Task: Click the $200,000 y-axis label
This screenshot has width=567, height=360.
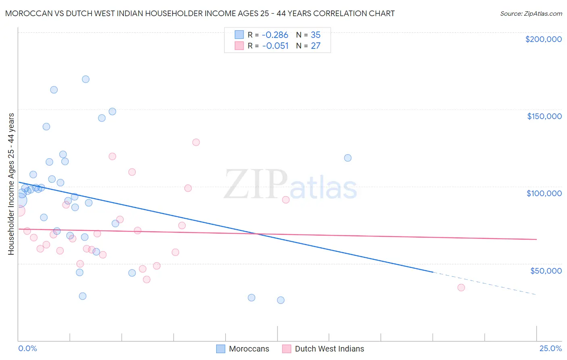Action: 543,39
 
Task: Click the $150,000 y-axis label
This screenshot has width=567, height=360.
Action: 544,116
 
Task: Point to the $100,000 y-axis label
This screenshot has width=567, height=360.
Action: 544,193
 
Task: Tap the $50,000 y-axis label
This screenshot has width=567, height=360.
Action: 546,270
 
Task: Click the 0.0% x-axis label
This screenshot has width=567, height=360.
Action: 27,348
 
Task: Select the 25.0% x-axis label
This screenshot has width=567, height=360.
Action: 550,348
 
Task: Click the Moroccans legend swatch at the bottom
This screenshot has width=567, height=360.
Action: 221,349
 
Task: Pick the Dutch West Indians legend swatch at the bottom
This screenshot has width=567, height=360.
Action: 286,349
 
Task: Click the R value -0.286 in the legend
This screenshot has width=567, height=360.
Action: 275,35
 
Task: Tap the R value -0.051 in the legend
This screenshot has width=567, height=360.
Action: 275,46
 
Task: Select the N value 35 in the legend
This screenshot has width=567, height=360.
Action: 315,35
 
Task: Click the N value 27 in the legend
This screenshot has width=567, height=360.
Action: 315,46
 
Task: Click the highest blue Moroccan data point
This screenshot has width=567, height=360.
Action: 85,79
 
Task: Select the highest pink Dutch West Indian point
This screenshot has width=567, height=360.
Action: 196,142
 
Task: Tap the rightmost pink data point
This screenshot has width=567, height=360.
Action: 461,288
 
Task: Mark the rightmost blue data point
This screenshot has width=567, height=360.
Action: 348,158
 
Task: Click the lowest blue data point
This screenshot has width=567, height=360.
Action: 281,300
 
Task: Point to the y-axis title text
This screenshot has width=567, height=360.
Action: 11,184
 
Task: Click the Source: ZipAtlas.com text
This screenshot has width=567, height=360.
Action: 531,14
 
